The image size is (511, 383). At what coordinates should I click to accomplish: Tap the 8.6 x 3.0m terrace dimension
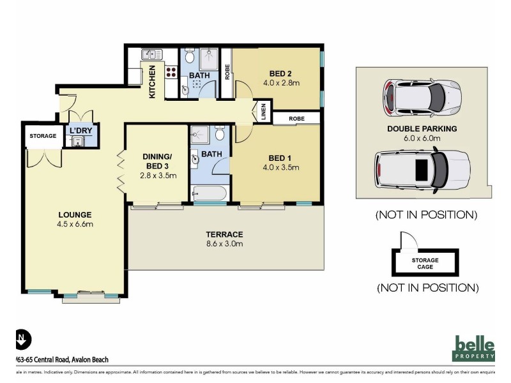pyautogui.click(x=225, y=243)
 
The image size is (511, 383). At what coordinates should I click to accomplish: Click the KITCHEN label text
pyautogui.click(x=153, y=82)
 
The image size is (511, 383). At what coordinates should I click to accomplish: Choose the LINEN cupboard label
pyautogui.click(x=262, y=112)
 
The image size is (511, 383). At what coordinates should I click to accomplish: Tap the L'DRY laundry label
pyautogui.click(x=81, y=130)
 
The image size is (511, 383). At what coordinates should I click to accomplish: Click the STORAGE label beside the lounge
pyautogui.click(x=43, y=136)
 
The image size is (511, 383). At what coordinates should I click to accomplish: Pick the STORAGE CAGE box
pyautogui.click(x=425, y=263)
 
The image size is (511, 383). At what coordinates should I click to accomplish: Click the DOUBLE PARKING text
pyautogui.click(x=421, y=128)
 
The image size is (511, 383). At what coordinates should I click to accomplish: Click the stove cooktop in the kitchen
pyautogui.click(x=172, y=73)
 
